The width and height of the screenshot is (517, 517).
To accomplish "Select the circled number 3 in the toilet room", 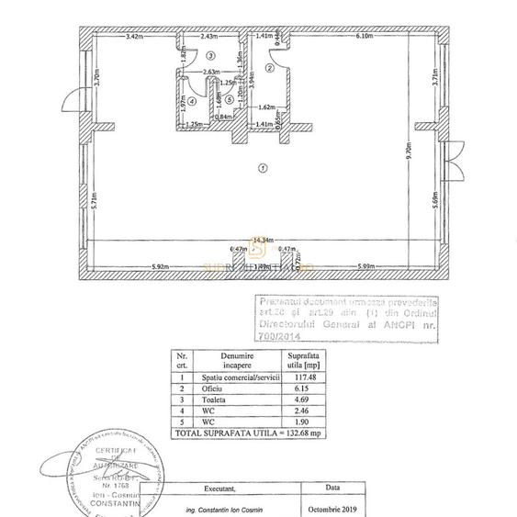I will [210, 57].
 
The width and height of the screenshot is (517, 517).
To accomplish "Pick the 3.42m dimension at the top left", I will [135, 37].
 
